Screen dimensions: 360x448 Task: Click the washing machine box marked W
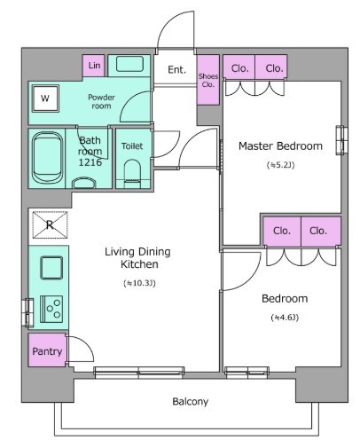(x=45, y=98)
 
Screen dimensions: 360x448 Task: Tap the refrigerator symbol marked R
(x=50, y=224)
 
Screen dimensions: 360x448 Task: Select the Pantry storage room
(x=47, y=350)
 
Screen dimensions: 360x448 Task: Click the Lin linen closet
(x=93, y=66)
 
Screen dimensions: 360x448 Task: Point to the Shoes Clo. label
(x=208, y=80)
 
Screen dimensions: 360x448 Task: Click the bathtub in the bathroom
(x=47, y=158)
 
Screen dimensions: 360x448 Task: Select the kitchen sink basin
(x=51, y=268)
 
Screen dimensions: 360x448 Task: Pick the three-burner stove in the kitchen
(x=51, y=309)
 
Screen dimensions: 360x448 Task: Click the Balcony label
(x=190, y=401)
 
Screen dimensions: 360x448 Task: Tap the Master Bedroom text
(x=280, y=145)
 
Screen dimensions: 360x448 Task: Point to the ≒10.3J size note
(x=139, y=283)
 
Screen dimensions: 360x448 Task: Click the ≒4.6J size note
(x=285, y=318)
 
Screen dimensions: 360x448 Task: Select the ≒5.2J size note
(x=280, y=165)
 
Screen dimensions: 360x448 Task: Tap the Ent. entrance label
(x=176, y=70)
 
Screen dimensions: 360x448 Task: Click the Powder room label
(x=101, y=101)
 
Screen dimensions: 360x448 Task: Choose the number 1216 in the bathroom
(x=90, y=162)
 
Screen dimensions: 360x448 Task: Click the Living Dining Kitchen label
(x=138, y=257)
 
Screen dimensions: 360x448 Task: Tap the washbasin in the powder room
(x=129, y=64)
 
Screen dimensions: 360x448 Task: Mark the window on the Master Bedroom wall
(x=341, y=140)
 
